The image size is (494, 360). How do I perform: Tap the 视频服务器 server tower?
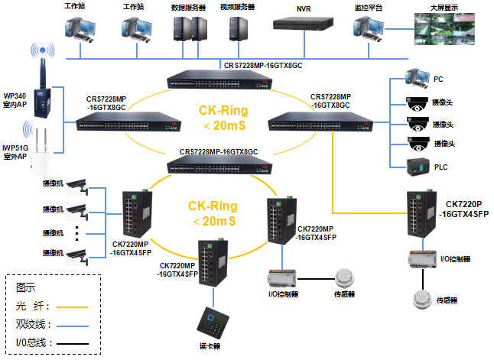click(x=237, y=29)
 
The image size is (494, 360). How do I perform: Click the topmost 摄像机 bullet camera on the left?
click(x=77, y=186)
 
